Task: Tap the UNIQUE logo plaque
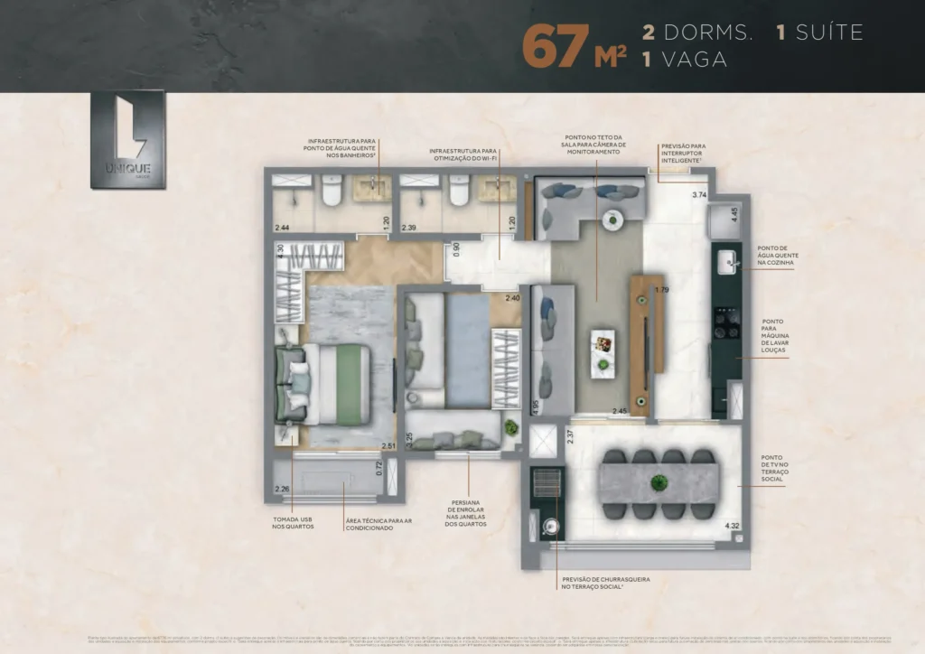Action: (127, 140)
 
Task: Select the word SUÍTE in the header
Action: (829, 33)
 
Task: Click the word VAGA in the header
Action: (694, 60)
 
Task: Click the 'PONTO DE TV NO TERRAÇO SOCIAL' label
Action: (772, 471)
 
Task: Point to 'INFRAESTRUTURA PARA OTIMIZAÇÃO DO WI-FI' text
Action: (463, 155)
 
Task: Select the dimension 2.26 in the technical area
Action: (282, 490)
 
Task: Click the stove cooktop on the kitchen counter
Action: (725, 318)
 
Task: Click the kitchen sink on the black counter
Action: (725, 262)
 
